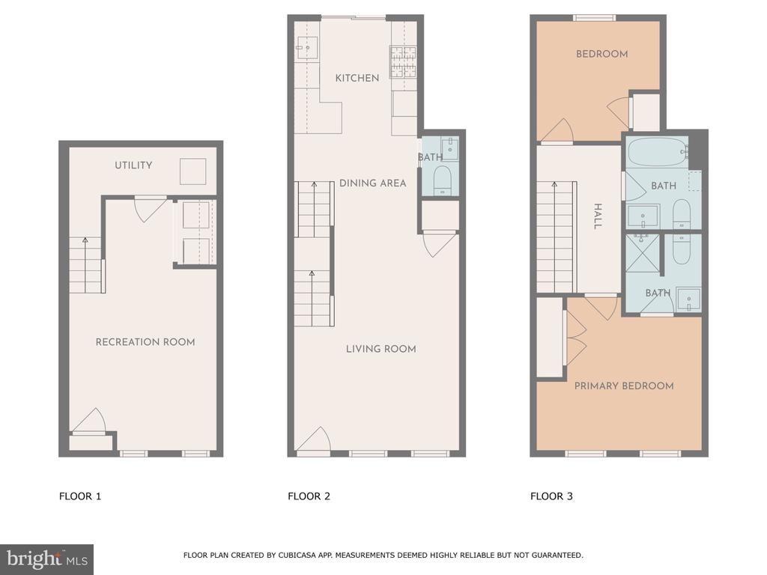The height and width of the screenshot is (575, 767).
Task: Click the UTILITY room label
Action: [x=133, y=165]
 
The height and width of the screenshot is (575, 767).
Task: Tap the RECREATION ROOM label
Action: [x=145, y=342]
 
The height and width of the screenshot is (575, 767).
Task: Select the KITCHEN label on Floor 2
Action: [x=357, y=78]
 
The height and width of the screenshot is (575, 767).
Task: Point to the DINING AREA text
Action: [x=373, y=183]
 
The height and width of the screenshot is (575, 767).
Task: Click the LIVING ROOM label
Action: [x=381, y=349]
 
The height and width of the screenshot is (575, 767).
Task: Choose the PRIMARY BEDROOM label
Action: [x=624, y=386]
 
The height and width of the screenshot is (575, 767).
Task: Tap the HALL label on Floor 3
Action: [x=597, y=216]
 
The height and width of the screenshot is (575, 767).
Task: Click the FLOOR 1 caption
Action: [x=80, y=496]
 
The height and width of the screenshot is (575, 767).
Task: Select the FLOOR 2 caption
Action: [x=309, y=496]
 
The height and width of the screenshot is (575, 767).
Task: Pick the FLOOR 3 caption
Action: [x=551, y=496]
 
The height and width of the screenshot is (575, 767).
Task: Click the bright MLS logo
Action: [x=47, y=559]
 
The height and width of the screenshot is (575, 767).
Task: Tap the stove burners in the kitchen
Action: [x=403, y=61]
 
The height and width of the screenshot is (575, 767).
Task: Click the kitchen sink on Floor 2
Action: [x=306, y=47]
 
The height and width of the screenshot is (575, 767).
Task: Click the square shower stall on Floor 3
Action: [x=642, y=253]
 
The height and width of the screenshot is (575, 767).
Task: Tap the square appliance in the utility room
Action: [x=192, y=171]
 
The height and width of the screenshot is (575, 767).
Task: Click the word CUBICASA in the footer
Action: [x=296, y=555]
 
